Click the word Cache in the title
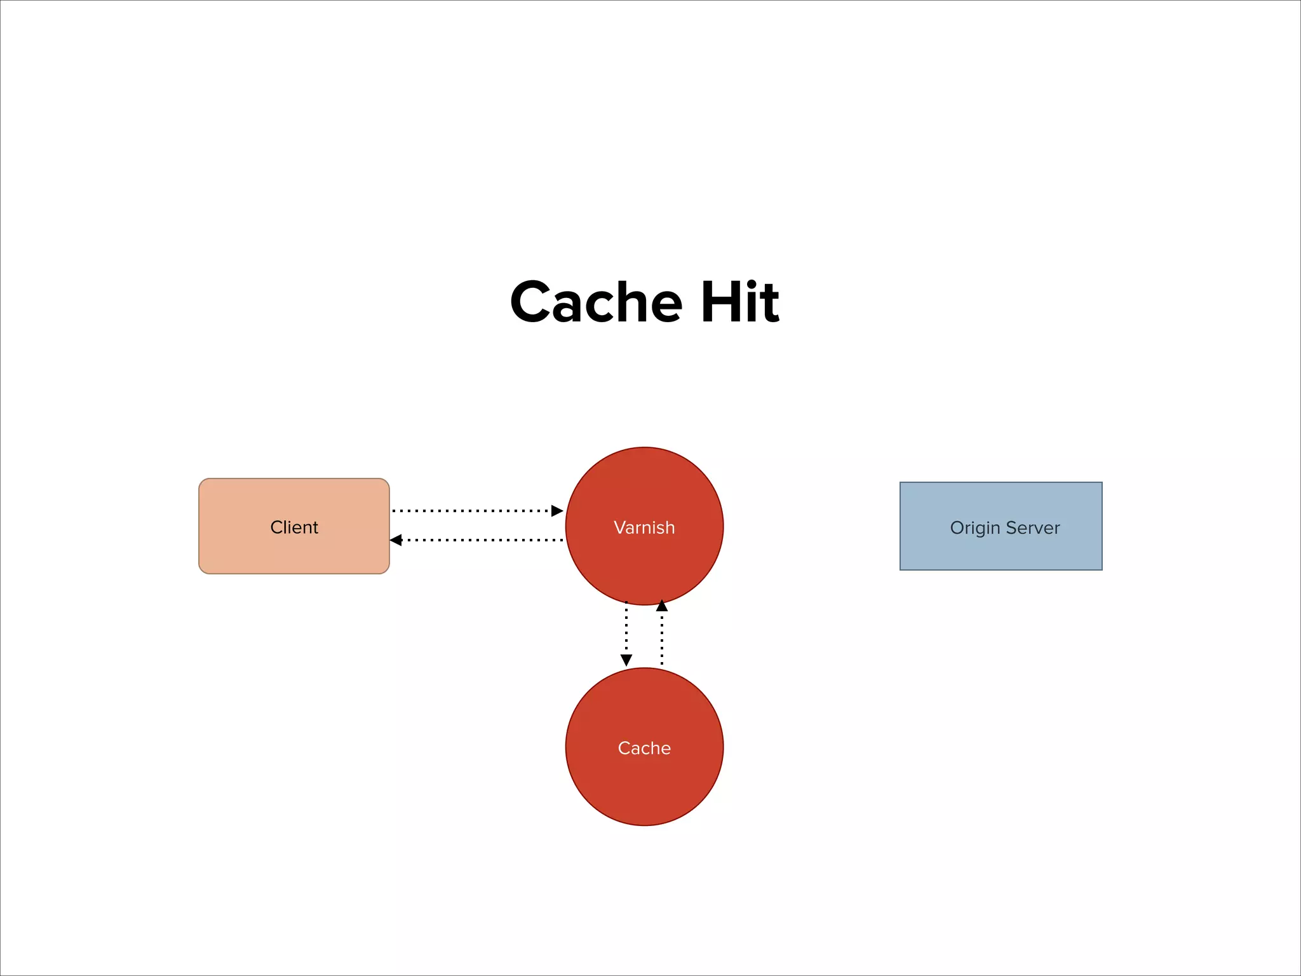click(x=596, y=302)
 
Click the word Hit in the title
click(x=739, y=302)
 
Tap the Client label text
click(x=293, y=527)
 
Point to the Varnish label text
click(x=644, y=527)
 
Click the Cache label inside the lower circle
click(x=644, y=748)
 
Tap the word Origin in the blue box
click(x=975, y=528)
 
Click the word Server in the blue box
click(x=1033, y=528)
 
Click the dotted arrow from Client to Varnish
click(x=470, y=510)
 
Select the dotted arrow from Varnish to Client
click(x=483, y=540)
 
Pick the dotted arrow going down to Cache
click(x=626, y=629)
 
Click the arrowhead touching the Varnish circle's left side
click(x=557, y=510)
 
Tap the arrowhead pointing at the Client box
click(x=396, y=540)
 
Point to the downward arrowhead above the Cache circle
click(x=626, y=660)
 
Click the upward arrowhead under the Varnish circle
click(x=662, y=606)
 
